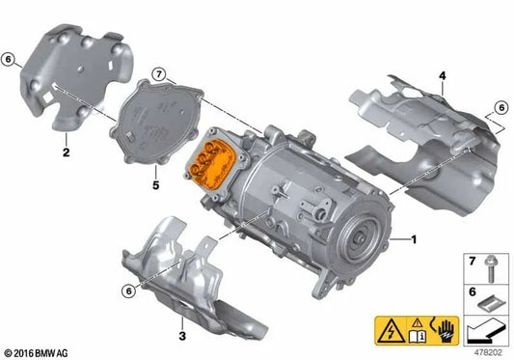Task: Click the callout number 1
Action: point(415,238)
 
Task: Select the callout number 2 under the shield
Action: point(65,152)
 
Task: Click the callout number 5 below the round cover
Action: point(153,180)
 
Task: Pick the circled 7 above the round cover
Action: point(160,69)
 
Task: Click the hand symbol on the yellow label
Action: point(445,332)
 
